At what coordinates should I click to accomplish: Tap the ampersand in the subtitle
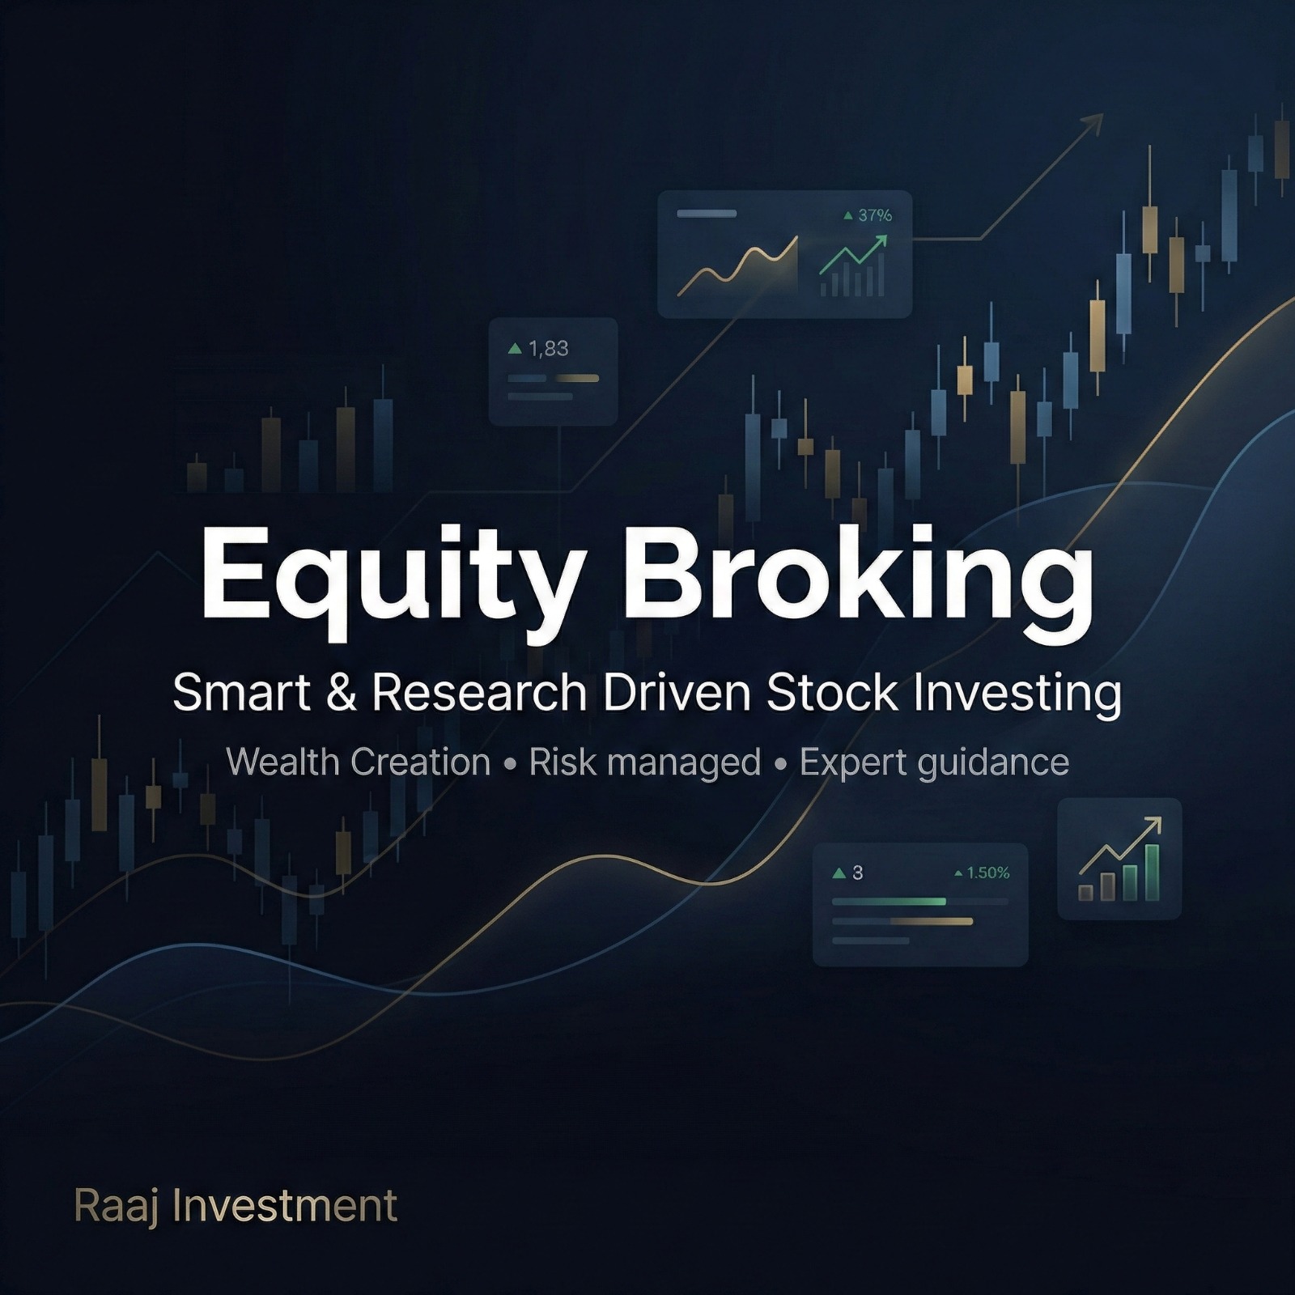point(342,694)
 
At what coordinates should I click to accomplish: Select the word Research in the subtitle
point(479,694)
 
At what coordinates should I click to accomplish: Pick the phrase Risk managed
point(645,762)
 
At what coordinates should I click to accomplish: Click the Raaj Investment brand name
point(236,1206)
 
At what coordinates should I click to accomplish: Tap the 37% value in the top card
point(874,215)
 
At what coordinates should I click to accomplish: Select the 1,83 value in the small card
point(549,349)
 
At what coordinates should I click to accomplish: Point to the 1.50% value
point(988,873)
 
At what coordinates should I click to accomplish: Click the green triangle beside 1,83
point(515,349)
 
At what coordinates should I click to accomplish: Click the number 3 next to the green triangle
point(857,873)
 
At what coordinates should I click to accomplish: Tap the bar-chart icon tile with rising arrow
point(1119,859)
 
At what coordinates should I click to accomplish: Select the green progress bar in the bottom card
point(889,902)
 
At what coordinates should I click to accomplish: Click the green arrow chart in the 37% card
point(853,265)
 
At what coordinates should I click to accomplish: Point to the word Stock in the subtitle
point(832,694)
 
